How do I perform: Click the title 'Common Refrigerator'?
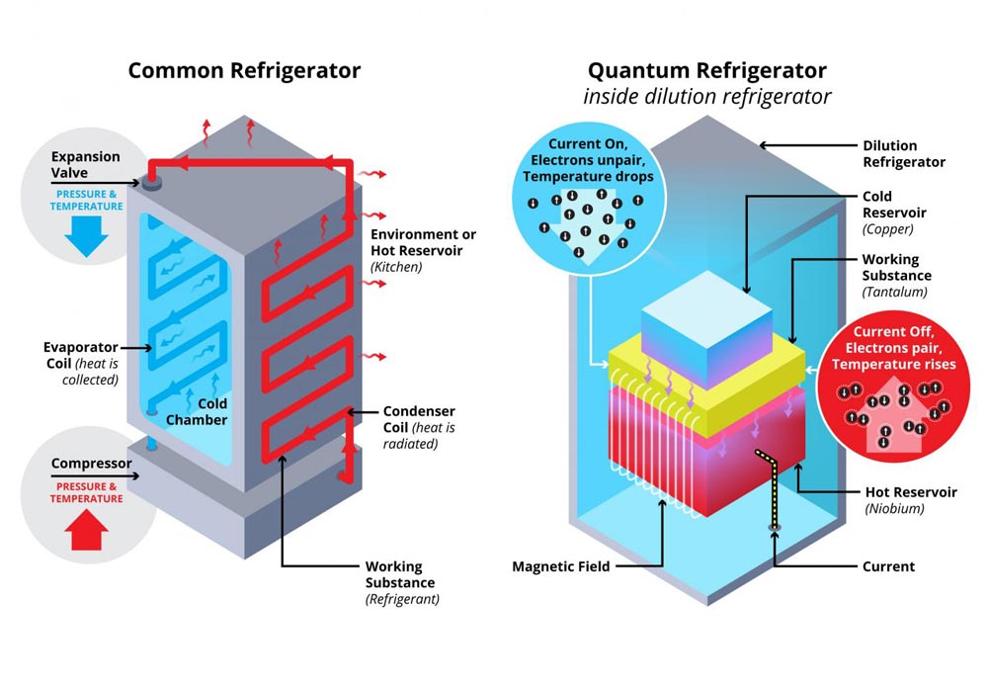(244, 70)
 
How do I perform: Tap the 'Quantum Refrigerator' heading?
(707, 70)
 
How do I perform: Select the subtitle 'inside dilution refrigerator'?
(707, 97)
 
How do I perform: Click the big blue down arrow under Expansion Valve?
(86, 236)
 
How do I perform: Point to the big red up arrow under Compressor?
(86, 530)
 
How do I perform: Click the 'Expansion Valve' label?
(85, 164)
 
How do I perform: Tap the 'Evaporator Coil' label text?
(81, 355)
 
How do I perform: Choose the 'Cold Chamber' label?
(197, 411)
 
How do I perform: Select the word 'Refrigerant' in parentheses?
(402, 599)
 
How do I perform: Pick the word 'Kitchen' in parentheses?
(396, 267)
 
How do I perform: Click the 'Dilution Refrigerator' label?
(904, 154)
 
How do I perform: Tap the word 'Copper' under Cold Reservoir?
(887, 229)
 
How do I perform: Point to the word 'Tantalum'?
(895, 292)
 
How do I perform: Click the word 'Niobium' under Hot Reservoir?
(895, 509)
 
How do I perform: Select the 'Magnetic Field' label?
(561, 566)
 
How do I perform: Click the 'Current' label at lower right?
(888, 566)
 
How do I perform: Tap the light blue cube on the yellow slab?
(706, 329)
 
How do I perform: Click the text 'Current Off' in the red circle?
(893, 331)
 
